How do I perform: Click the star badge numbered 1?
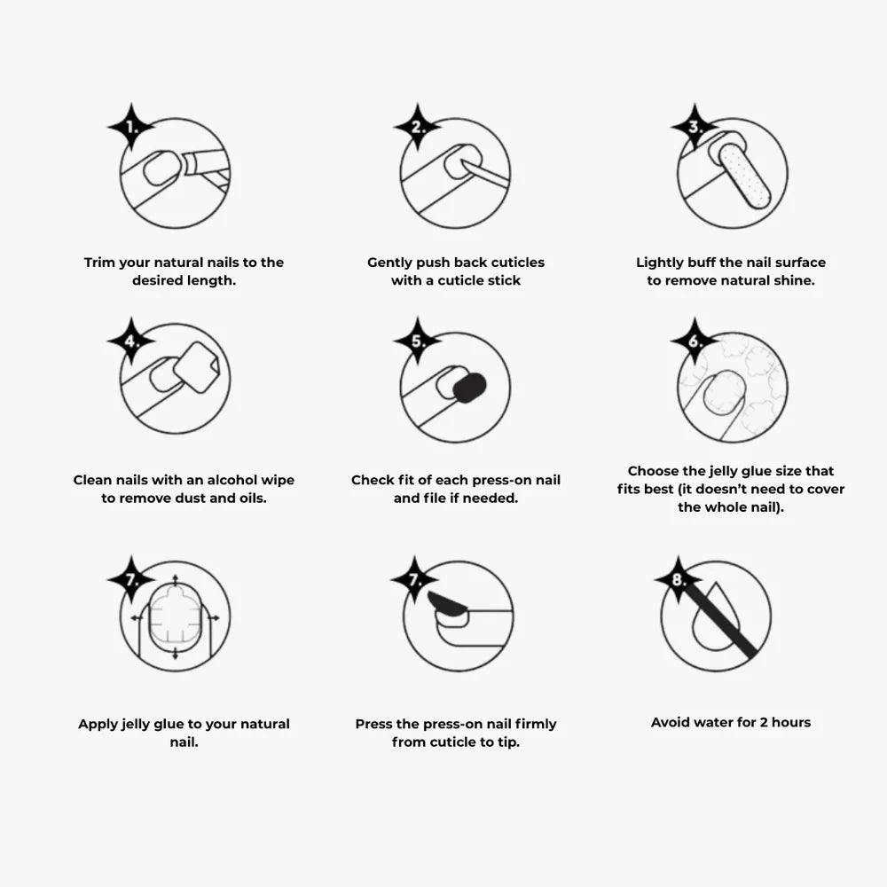[131, 127]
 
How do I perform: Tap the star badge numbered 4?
[131, 341]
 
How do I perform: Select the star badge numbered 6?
[695, 341]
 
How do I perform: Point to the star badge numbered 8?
[679, 580]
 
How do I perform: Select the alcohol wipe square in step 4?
[196, 367]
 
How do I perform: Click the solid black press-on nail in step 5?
[469, 388]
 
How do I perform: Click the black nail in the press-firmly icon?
[447, 604]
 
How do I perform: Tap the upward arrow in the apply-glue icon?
[175, 582]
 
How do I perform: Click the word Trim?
[100, 263]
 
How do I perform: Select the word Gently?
[389, 263]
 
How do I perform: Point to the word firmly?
[536, 724]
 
